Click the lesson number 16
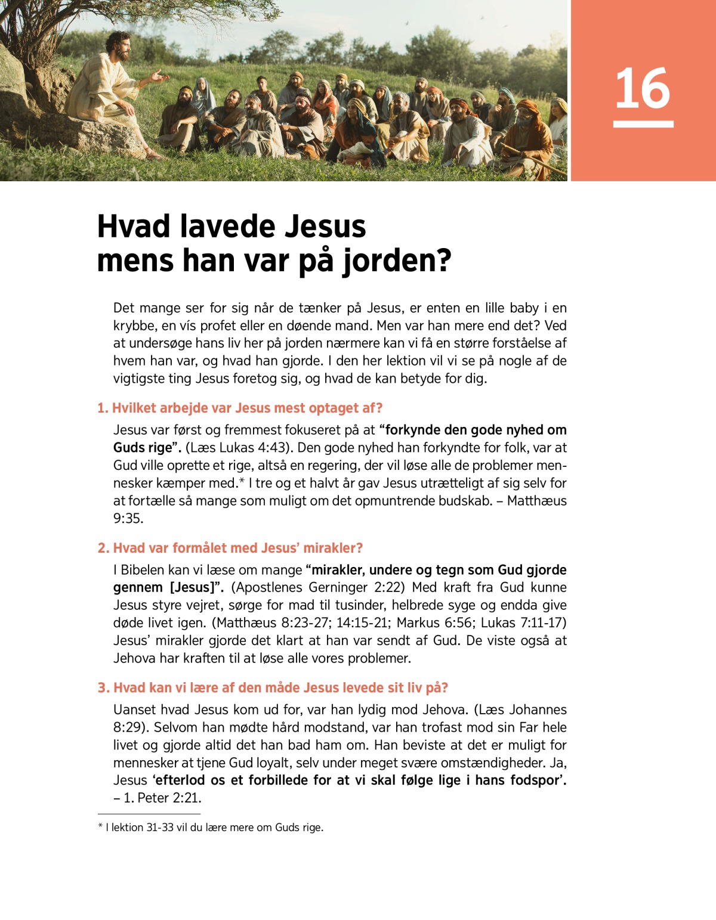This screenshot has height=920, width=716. click(x=643, y=88)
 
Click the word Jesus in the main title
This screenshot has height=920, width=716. click(x=325, y=227)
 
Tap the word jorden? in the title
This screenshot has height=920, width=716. click(x=397, y=261)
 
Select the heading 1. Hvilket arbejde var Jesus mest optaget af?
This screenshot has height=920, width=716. click(x=240, y=408)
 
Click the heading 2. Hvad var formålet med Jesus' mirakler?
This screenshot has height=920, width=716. click(x=230, y=548)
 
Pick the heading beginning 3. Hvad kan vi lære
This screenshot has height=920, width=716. click(x=273, y=687)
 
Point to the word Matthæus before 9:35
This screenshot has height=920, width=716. click(x=536, y=501)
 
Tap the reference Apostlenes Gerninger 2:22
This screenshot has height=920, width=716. click(x=317, y=587)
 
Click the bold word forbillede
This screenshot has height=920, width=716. click(x=287, y=780)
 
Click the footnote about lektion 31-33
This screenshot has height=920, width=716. click(x=211, y=828)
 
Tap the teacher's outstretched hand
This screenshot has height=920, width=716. click(x=158, y=76)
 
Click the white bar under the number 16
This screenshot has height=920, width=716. click(x=643, y=124)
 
